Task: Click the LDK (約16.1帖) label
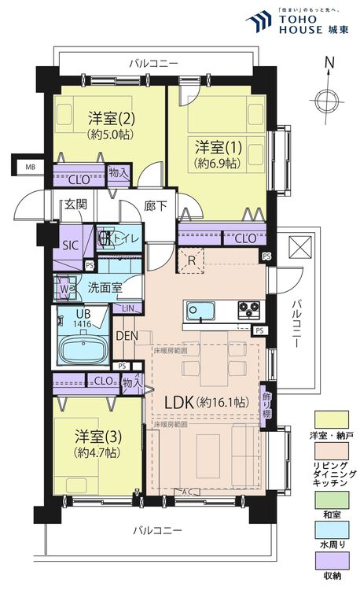click(206, 402)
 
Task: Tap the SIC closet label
click(70, 245)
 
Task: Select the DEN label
click(127, 336)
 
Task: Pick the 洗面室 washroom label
click(104, 287)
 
